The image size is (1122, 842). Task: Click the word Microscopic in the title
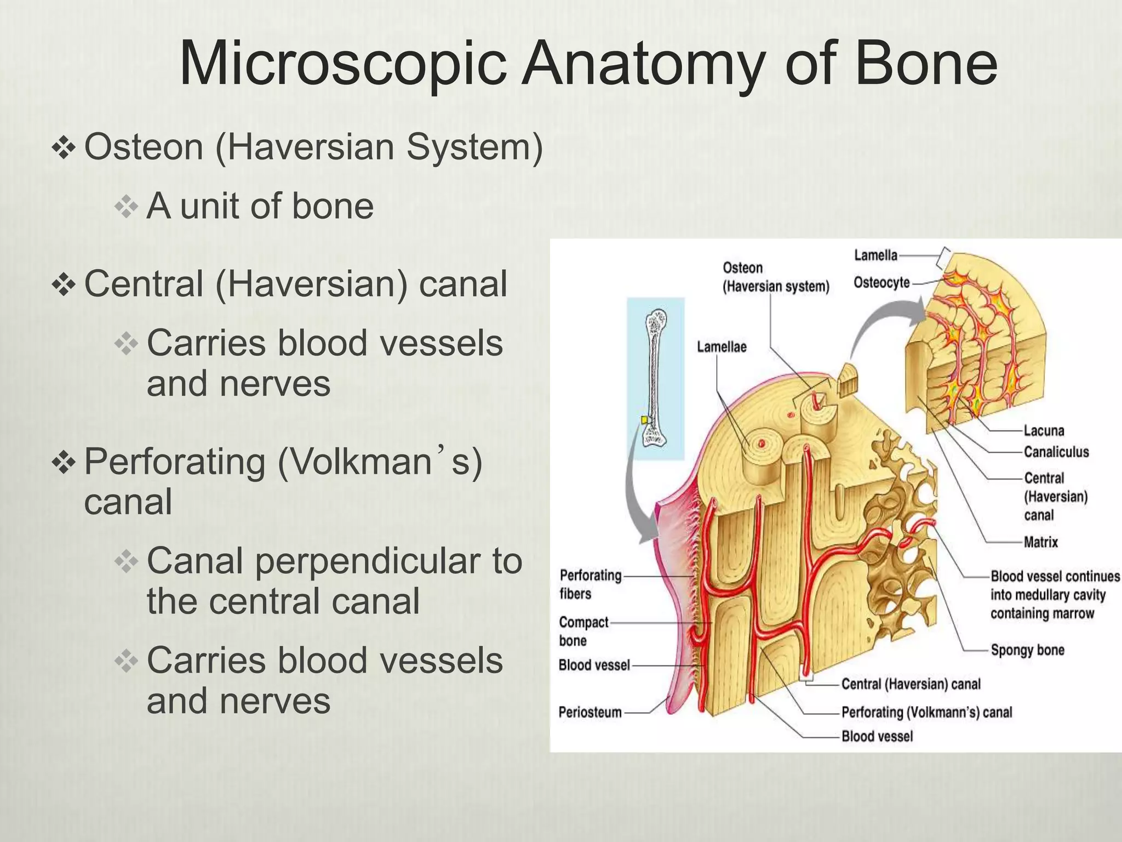click(342, 65)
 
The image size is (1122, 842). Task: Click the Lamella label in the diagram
click(875, 255)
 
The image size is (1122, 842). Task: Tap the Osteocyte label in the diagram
click(881, 283)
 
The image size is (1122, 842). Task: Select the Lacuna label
click(1044, 431)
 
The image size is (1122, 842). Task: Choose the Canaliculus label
click(1056, 452)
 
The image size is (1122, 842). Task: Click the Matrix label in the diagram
click(1040, 543)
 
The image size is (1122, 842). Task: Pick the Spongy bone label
click(1027, 651)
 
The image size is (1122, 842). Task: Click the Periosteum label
click(589, 713)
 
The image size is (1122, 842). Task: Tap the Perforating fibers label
click(589, 584)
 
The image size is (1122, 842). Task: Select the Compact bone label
click(583, 631)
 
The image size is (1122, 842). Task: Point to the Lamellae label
click(721, 347)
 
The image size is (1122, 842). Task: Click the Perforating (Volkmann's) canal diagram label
click(926, 713)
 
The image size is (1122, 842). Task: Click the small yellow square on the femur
click(645, 420)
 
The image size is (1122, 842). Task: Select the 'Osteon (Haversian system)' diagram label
click(775, 277)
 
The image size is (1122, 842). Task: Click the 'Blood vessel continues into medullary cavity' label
click(1055, 595)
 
